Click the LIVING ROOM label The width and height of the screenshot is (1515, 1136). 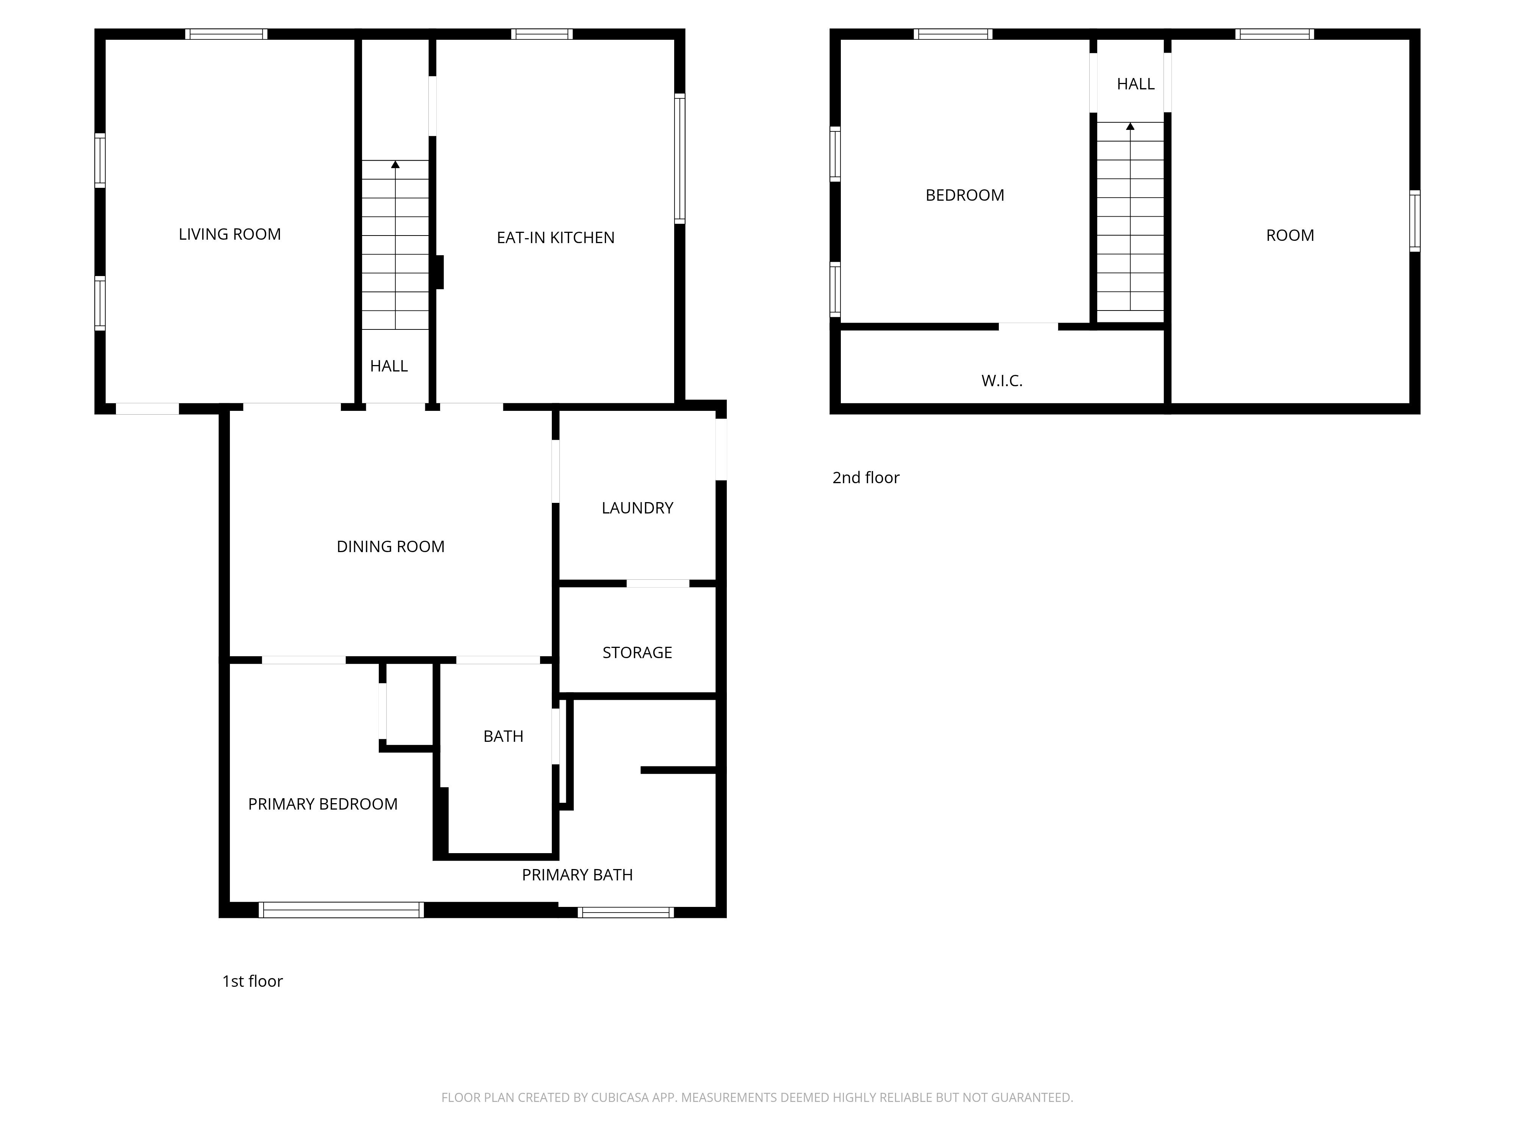click(x=230, y=234)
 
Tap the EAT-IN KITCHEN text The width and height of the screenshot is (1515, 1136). click(x=556, y=237)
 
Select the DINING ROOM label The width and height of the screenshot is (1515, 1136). click(x=390, y=546)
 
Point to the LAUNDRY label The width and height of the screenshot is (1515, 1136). click(x=637, y=508)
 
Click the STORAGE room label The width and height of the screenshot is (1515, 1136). click(x=637, y=652)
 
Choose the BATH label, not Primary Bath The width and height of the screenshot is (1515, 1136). click(x=503, y=736)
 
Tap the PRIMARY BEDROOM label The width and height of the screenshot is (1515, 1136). click(x=323, y=804)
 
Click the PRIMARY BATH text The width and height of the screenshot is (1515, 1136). click(x=577, y=875)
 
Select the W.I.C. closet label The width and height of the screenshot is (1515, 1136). click(x=1002, y=381)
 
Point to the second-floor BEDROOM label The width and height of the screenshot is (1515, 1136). click(x=965, y=195)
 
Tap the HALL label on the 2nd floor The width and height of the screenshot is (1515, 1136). click(x=1135, y=84)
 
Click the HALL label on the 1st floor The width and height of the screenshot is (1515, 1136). click(x=389, y=366)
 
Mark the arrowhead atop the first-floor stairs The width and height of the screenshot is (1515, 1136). click(x=395, y=164)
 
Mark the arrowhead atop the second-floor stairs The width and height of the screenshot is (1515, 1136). click(x=1130, y=126)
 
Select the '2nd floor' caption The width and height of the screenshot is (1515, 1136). click(x=866, y=478)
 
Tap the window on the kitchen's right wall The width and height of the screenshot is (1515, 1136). click(x=679, y=158)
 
